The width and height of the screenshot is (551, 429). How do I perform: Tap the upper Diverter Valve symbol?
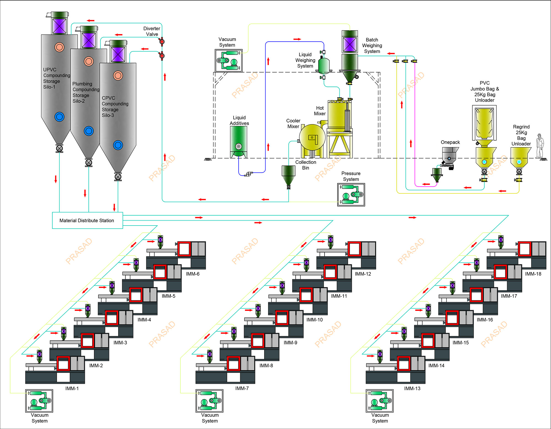click(162, 42)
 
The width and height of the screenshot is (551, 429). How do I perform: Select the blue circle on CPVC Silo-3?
click(118, 145)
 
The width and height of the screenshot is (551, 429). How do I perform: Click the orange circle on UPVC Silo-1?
click(59, 47)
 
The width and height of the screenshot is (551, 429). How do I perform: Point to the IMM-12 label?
click(363, 274)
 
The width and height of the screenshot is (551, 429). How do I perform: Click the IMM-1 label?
click(72, 388)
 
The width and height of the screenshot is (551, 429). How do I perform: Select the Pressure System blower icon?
click(351, 194)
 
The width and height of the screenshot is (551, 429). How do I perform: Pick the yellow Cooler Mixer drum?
click(312, 137)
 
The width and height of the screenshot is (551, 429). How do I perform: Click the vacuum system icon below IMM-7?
click(209, 401)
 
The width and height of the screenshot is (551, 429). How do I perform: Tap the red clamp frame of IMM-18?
click(525, 249)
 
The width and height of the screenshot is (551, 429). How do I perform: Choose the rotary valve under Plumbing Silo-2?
click(89, 162)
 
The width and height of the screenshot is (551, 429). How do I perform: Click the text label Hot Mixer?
click(320, 111)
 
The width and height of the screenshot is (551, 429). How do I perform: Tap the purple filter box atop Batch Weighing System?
click(350, 44)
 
